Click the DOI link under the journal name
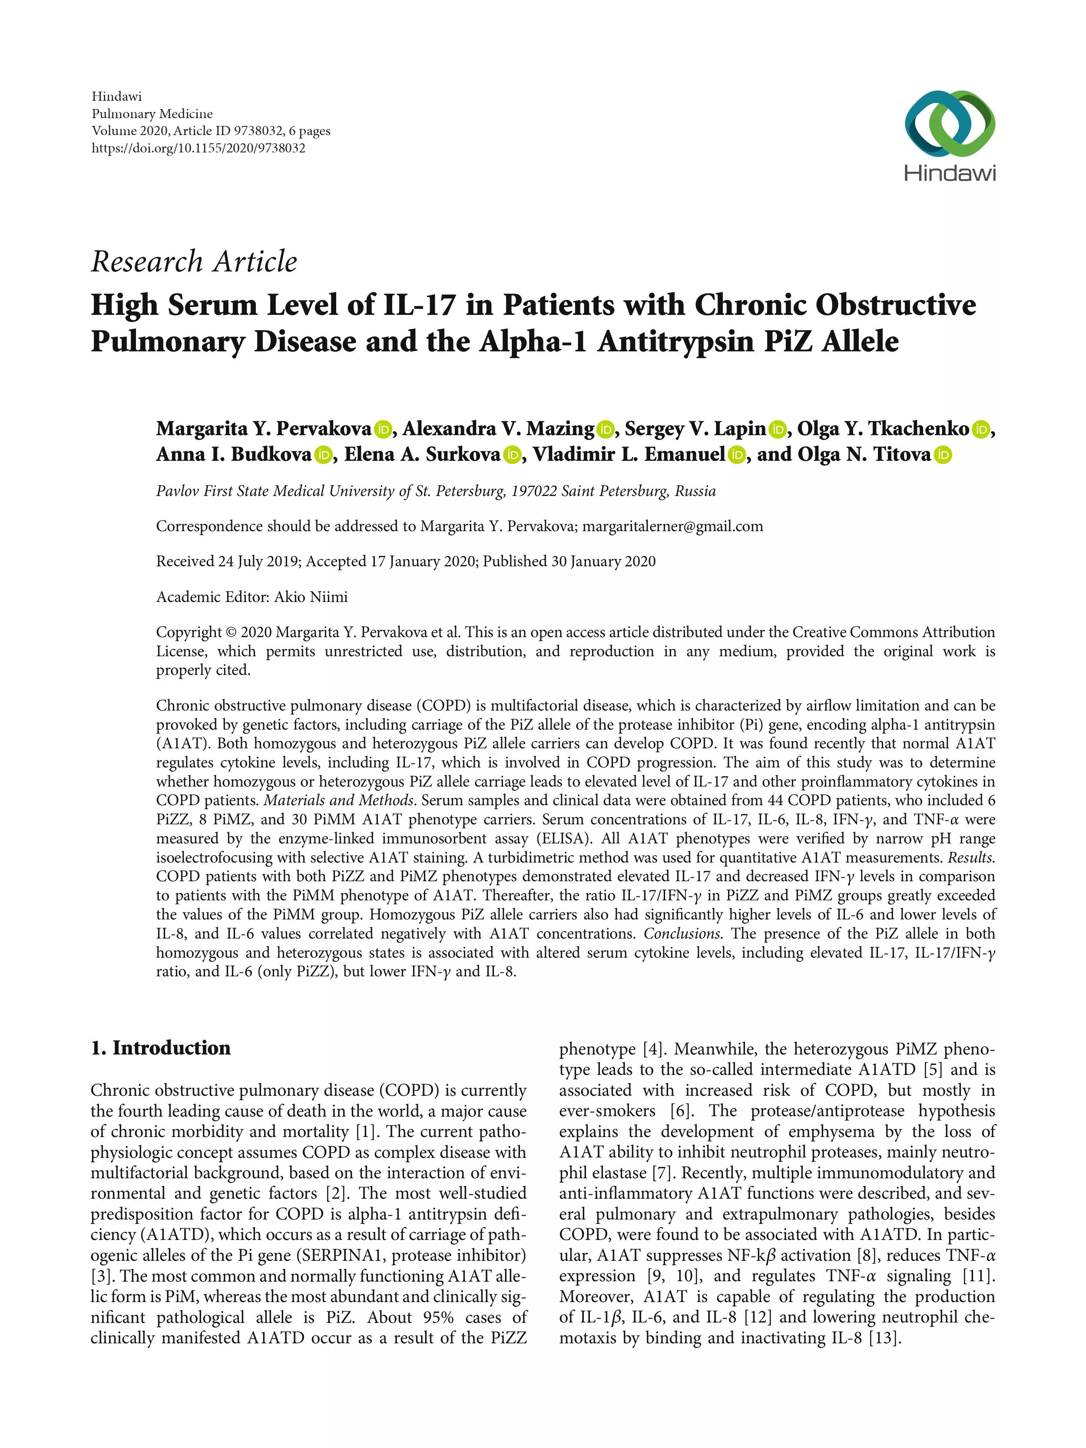pyautogui.click(x=199, y=148)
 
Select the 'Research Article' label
pyautogui.click(x=194, y=262)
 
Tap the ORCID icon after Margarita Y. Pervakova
pyautogui.click(x=383, y=430)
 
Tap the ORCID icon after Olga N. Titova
pyautogui.click(x=943, y=455)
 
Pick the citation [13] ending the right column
pyautogui.click(x=885, y=1337)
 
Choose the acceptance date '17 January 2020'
pyautogui.click(x=422, y=562)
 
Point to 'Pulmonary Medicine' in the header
pyautogui.click(x=152, y=114)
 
